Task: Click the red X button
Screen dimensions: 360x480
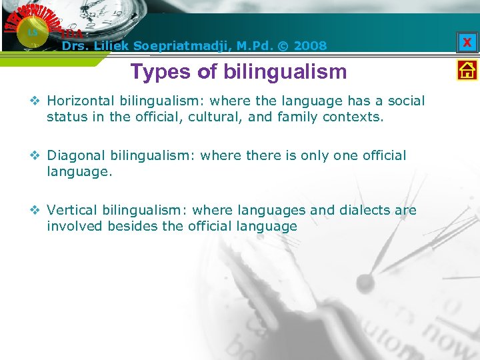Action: (467, 43)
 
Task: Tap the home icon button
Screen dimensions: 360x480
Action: (467, 70)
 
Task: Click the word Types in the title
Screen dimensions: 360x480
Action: (157, 71)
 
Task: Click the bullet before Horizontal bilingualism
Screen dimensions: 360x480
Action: (37, 101)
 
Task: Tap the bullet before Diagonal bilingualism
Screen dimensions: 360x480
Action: (37, 156)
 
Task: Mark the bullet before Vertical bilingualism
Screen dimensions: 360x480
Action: (37, 211)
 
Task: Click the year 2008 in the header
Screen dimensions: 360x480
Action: (310, 46)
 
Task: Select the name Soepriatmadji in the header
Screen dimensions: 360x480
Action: (177, 46)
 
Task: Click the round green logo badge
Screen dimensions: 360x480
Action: (31, 32)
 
